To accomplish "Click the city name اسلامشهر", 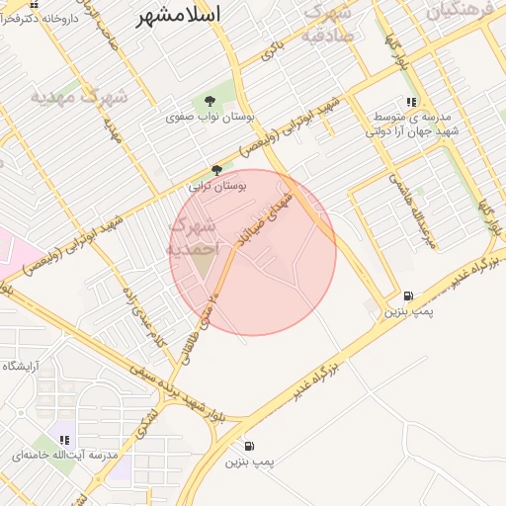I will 178,14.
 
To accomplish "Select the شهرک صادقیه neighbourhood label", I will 326,25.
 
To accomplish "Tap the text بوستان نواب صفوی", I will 211,117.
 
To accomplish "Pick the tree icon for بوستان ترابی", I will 216,169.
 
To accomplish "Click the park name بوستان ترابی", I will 217,185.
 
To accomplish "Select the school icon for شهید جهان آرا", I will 412,101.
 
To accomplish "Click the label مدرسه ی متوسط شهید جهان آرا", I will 412,124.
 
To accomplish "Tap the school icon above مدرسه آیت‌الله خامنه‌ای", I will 65,440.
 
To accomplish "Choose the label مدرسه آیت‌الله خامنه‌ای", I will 64,456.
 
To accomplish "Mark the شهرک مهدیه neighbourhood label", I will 79,97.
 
